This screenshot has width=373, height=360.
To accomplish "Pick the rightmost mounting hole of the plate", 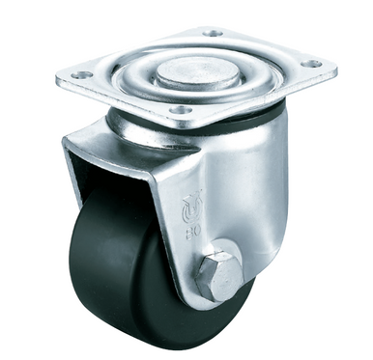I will [x=312, y=65].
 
